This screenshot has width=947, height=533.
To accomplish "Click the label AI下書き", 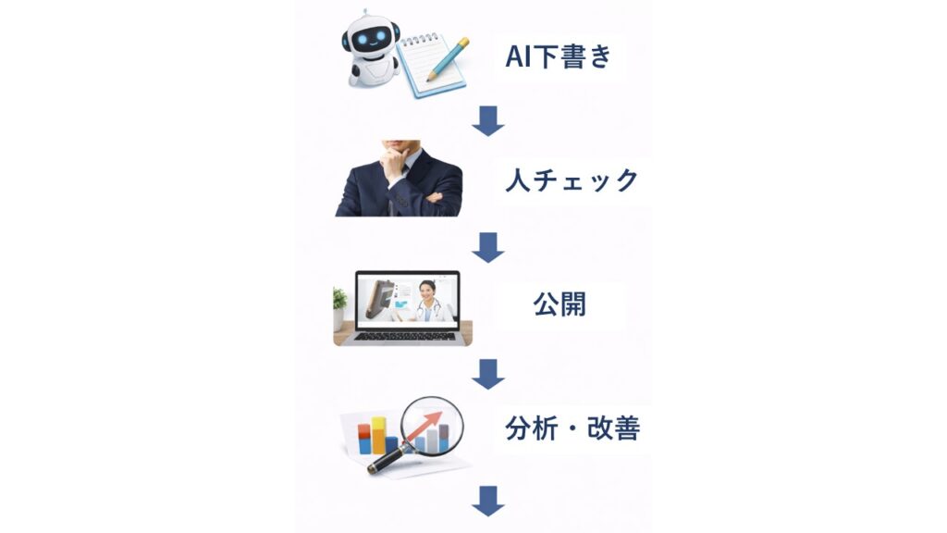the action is pyautogui.click(x=559, y=56).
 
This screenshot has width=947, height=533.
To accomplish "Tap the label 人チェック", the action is pyautogui.click(x=572, y=180).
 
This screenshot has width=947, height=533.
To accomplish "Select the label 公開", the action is pyautogui.click(x=560, y=304).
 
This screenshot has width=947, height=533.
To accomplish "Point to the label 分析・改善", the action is pyautogui.click(x=572, y=428).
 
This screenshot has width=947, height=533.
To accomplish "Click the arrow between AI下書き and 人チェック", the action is pyautogui.click(x=488, y=121).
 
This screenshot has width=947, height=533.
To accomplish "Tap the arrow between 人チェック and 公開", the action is pyautogui.click(x=488, y=247).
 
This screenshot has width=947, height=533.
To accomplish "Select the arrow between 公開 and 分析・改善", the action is pyautogui.click(x=488, y=374).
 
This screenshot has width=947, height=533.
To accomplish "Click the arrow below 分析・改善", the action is pyautogui.click(x=488, y=501).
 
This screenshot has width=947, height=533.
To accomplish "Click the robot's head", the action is pyautogui.click(x=371, y=36).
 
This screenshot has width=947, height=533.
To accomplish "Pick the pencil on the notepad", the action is pyautogui.click(x=448, y=59).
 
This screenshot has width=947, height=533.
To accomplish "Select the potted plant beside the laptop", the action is pyautogui.click(x=339, y=308).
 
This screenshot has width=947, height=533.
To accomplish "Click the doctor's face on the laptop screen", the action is pyautogui.click(x=427, y=292).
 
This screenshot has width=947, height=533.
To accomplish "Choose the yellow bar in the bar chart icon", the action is pyautogui.click(x=378, y=435).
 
